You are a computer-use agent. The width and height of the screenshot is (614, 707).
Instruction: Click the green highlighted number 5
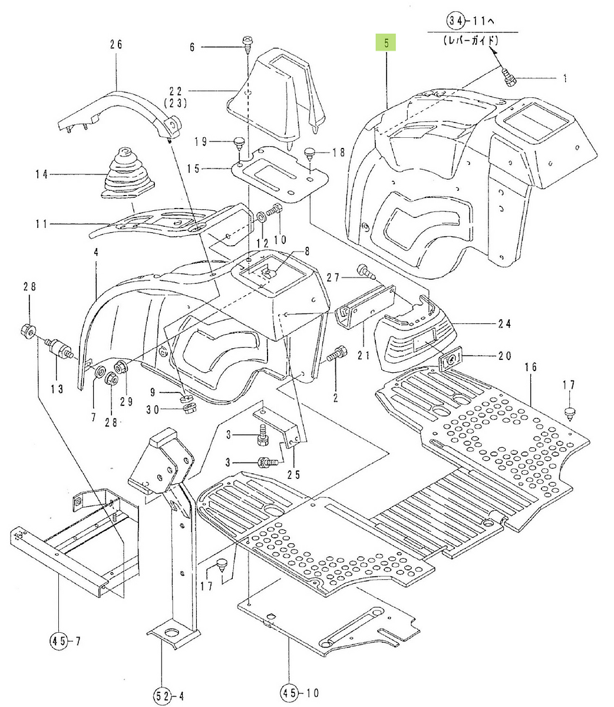click(386, 42)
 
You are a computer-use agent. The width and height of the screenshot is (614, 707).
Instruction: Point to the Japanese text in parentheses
click(472, 41)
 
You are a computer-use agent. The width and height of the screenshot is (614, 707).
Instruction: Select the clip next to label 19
click(239, 142)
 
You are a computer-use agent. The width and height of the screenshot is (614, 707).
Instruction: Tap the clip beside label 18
click(311, 154)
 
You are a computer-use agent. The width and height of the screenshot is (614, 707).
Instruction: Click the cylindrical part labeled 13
click(59, 350)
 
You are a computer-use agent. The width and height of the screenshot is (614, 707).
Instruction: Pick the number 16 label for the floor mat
click(531, 367)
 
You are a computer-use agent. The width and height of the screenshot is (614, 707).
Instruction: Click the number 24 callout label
click(504, 323)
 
